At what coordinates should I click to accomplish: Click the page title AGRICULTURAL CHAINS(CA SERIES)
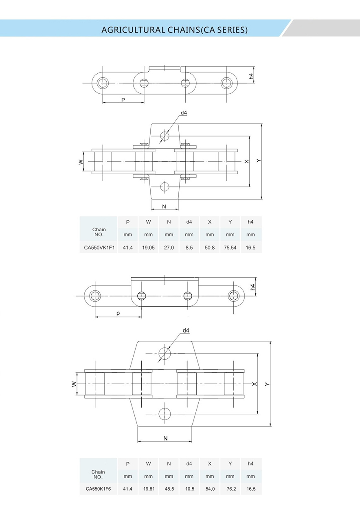pos(174,30)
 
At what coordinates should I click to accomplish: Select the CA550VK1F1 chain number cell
pos(99,247)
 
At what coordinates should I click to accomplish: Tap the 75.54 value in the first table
pos(230,247)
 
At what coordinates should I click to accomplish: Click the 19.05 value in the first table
pos(148,247)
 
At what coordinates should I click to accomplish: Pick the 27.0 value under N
pos(169,247)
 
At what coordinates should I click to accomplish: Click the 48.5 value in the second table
pos(169,489)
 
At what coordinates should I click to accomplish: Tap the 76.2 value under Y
pos(230,489)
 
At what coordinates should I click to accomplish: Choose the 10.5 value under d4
pos(189,489)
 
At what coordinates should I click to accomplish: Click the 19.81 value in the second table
pos(148,489)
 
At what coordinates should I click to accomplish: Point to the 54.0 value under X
pos(210,489)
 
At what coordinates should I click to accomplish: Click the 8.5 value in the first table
pos(189,247)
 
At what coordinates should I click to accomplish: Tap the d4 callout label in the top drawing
pos(184,113)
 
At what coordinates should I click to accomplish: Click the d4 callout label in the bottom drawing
pos(186,330)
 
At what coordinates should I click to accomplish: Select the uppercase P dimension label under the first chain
pos(123,99)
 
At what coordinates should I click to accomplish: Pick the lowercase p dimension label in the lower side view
pos(118,313)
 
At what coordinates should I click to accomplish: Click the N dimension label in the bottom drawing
pos(165,438)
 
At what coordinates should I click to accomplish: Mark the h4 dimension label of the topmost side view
pos(251,76)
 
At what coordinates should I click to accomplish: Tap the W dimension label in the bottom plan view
pos(74,384)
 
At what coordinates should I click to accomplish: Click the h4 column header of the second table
pos(250,463)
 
